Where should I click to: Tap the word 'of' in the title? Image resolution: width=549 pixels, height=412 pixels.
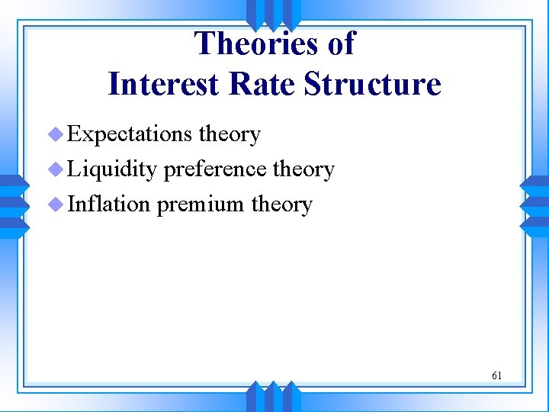click(x=341, y=43)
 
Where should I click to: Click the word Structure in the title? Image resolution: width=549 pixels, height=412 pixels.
click(x=373, y=83)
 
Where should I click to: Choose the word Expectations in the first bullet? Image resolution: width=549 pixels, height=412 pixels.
click(x=130, y=134)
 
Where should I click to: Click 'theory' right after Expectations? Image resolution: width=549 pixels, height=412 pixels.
click(x=230, y=134)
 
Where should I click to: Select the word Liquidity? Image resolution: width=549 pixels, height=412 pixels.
click(x=112, y=169)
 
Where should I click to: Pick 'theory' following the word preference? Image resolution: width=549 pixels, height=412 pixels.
click(x=303, y=169)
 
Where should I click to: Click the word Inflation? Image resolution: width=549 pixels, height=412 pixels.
click(x=109, y=204)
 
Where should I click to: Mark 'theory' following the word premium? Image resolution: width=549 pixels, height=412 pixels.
click(x=281, y=204)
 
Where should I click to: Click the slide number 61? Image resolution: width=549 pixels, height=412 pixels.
click(x=496, y=375)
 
